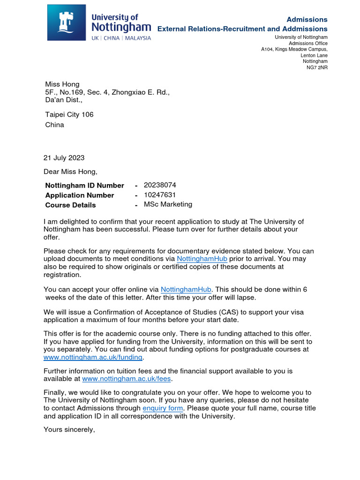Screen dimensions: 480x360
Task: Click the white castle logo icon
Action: (67, 22)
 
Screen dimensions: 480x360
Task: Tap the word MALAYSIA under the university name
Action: (138, 38)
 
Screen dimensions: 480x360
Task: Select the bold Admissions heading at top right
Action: (307, 19)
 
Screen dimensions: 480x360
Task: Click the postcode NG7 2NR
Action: (317, 67)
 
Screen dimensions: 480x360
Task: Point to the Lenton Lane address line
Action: (314, 55)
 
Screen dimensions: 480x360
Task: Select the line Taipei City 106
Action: (69, 114)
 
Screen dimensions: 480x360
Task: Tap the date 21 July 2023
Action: (64, 158)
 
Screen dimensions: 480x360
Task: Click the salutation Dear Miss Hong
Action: (70, 172)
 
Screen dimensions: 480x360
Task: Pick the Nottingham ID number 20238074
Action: (160, 185)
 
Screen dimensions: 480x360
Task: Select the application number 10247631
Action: (160, 195)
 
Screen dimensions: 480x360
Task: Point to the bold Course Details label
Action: (70, 205)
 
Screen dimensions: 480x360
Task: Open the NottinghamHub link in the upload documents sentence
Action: (202, 259)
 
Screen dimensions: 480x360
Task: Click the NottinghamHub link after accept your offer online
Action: (186, 290)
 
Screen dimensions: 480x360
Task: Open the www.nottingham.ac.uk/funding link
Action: (93, 357)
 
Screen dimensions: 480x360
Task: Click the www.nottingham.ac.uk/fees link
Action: (127, 379)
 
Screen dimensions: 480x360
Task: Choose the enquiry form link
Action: (163, 408)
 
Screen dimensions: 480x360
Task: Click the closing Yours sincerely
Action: (69, 429)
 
